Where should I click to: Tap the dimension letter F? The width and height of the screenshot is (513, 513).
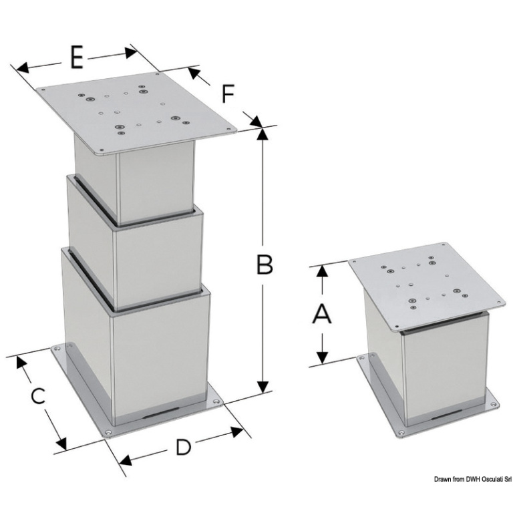228,94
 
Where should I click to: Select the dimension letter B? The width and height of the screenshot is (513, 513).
265,265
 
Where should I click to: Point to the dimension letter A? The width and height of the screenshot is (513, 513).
322,314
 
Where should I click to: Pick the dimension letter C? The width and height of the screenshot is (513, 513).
38,396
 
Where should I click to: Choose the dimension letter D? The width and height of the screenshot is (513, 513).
184,448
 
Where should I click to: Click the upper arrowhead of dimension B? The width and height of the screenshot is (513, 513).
263,134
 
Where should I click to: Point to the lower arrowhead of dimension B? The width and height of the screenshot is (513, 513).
263,387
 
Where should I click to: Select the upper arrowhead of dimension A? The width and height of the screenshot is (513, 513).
323,271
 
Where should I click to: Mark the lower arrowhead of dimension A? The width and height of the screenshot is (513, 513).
323,357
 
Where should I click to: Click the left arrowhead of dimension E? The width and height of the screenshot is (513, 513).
22,68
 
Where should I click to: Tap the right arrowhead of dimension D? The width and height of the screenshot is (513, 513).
236,432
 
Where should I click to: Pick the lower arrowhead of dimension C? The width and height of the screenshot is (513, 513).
61,444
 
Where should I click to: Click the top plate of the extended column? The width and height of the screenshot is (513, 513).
136,112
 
